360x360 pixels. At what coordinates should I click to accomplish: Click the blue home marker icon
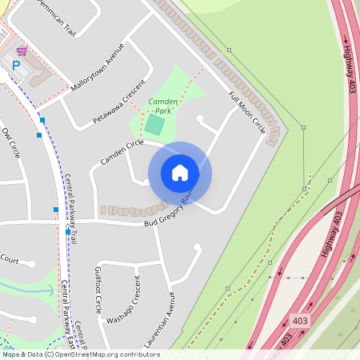tap(180, 173)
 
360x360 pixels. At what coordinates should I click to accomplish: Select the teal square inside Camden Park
tap(154, 125)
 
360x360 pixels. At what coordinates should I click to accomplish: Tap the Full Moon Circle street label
tap(246, 113)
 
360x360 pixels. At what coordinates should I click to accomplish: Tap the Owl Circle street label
tap(10, 142)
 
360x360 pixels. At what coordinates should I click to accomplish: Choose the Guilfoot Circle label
tap(99, 288)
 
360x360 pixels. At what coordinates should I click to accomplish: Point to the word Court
tap(10, 259)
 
